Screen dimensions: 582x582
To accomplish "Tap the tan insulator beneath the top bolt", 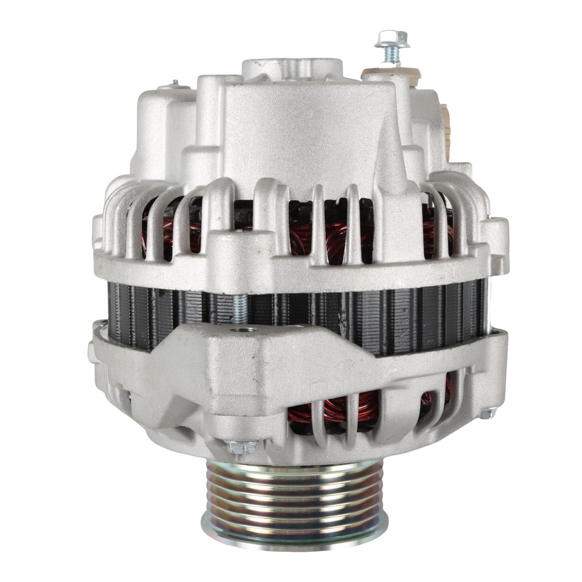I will tap(383, 74).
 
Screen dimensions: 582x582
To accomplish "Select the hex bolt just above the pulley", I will tap(242, 447).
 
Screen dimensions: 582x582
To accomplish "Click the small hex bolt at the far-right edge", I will tap(487, 413).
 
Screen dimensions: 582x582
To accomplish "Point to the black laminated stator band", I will tap(364, 312).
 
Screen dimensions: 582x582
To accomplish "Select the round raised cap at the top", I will tap(292, 68).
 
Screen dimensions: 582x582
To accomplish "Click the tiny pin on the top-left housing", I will tap(175, 82).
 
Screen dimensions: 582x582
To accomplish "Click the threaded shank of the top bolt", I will tap(390, 56).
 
